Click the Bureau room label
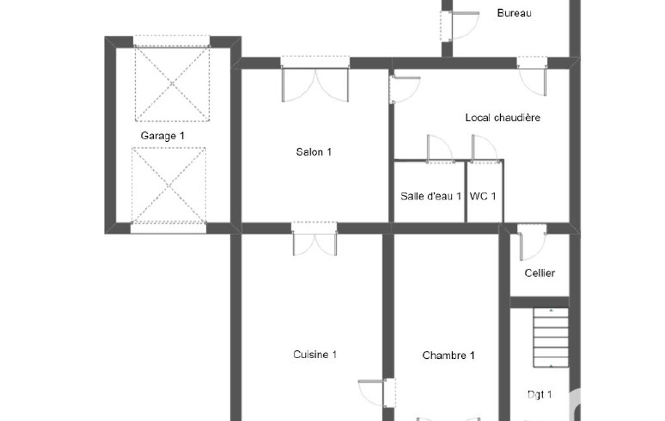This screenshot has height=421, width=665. [514, 13]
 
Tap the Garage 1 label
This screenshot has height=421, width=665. [162, 136]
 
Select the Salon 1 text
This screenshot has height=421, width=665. [314, 152]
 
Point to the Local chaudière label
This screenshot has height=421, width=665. [503, 118]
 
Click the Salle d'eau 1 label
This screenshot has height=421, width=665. [431, 196]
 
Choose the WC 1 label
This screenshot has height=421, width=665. [483, 196]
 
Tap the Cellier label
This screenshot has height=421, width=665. [540, 273]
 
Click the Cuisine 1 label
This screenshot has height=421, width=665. [315, 354]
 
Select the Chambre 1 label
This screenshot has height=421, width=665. [448, 356]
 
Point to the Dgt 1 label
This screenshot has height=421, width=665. [540, 394]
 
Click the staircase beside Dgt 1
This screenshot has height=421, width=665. [551, 337]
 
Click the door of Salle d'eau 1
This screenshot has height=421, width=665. [441, 149]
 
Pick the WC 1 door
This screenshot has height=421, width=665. [485, 149]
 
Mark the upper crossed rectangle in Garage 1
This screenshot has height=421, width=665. [172, 84]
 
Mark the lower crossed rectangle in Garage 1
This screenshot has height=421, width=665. [169, 185]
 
